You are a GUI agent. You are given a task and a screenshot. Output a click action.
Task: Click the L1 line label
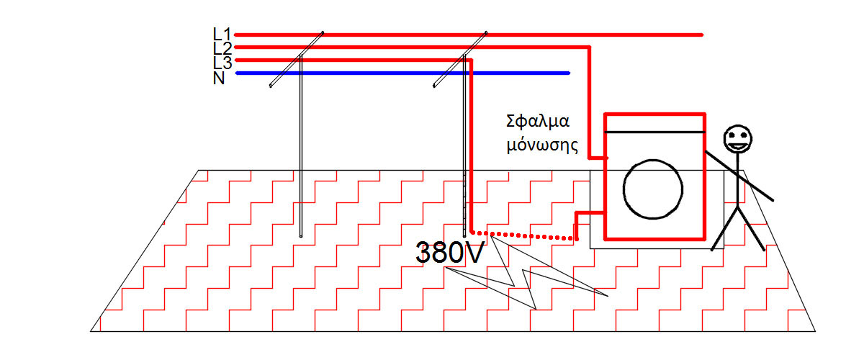tap(222, 33)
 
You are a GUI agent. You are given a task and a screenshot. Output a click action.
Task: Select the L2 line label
tap(222, 48)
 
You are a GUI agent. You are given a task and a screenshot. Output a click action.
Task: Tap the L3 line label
tap(222, 62)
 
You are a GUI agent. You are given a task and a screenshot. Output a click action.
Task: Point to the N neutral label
tap(219, 78)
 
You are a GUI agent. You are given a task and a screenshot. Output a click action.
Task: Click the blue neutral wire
tap(403, 73)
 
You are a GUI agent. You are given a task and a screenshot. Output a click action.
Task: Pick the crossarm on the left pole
tap(296, 59)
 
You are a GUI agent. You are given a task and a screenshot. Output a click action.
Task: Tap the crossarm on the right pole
tap(460, 59)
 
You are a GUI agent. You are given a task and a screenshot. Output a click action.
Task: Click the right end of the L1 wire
tap(700, 34)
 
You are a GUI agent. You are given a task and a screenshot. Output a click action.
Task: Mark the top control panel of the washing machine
tap(654, 123)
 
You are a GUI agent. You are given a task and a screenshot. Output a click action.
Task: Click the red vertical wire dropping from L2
tap(590, 101)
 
